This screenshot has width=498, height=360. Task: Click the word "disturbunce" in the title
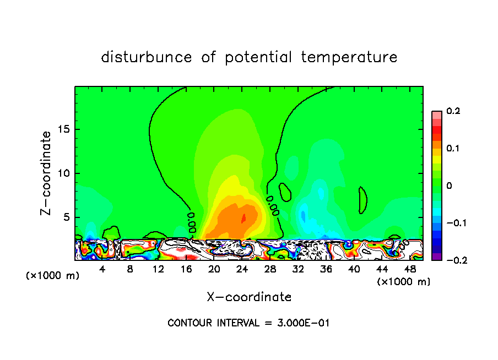[147, 57]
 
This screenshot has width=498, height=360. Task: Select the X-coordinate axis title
[249, 297]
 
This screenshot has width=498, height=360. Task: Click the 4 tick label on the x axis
[102, 269]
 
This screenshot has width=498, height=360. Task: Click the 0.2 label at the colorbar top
[453, 111]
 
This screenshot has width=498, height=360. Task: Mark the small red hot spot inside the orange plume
[243, 218]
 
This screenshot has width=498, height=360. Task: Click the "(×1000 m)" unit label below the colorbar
[404, 281]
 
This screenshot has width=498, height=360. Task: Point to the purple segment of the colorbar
[436, 257]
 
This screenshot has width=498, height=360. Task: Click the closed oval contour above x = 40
[362, 200]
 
